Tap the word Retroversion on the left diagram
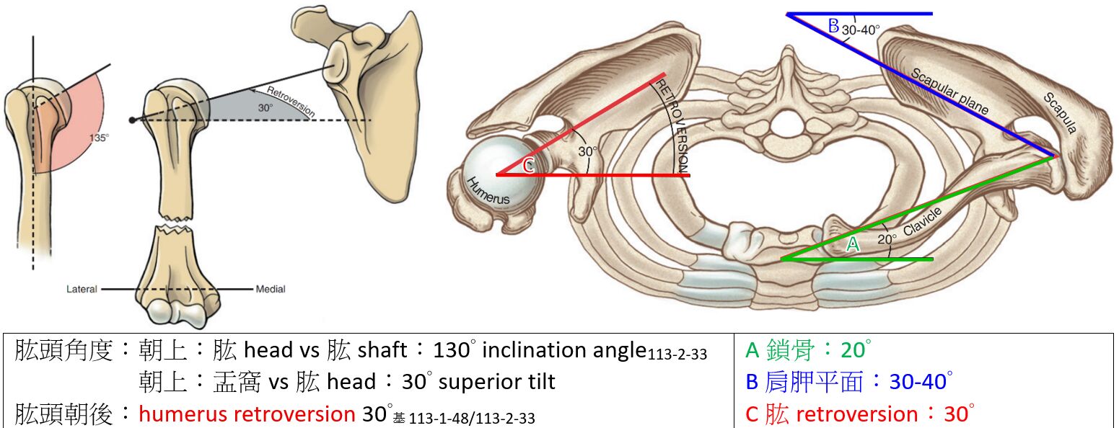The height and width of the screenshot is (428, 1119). point(291,102)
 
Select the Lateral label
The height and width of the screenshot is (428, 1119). point(81,289)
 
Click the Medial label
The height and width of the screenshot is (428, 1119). point(271,289)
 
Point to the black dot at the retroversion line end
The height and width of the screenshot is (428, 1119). point(132,120)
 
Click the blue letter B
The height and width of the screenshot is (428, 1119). point(833,27)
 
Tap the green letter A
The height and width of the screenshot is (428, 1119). point(853,245)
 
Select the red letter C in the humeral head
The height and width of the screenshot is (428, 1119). point(528,167)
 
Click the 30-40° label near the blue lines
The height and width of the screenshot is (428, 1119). point(861,31)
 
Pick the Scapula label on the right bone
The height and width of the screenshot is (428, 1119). point(1059,113)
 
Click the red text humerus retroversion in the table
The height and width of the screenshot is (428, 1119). point(246,414)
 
